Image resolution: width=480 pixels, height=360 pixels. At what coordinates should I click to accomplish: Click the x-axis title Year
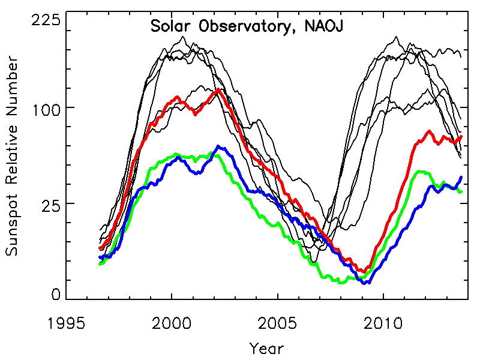click(266, 347)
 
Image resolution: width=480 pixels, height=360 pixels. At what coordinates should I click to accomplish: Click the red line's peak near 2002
click(217, 89)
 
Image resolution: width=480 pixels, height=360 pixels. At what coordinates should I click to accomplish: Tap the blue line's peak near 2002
click(218, 146)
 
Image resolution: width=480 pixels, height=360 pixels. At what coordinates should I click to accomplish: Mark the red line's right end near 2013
click(461, 137)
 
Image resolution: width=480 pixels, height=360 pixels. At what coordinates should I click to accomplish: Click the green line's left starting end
click(100, 263)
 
